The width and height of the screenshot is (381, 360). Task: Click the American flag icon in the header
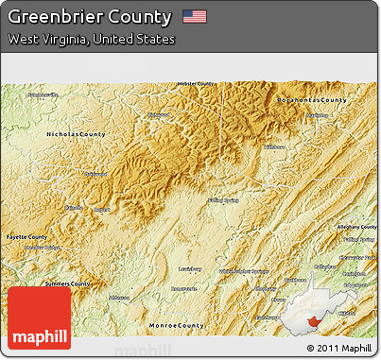tap(195, 17)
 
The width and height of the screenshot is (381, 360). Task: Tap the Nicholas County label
tap(76, 135)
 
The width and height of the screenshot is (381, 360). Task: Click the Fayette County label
tap(26, 236)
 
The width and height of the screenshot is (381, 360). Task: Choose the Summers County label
tap(67, 283)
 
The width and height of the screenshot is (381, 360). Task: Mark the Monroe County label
tap(176, 325)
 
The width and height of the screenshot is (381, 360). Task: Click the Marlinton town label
tap(317, 116)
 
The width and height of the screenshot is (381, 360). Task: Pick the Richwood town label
tap(154, 114)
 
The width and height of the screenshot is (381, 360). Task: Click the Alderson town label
tap(119, 297)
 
